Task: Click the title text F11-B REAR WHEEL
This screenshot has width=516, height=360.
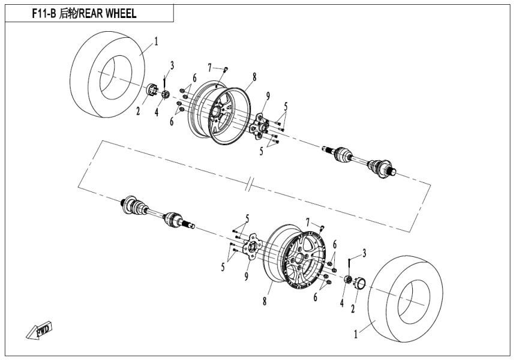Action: [x=83, y=13]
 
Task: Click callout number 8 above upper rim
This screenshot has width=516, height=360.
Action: [x=254, y=77]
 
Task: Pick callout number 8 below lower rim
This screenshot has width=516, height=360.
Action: [x=264, y=302]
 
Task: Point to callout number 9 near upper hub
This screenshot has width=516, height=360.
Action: [x=268, y=95]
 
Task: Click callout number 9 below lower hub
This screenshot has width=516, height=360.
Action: [x=246, y=275]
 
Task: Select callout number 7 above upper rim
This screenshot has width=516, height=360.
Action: [x=209, y=66]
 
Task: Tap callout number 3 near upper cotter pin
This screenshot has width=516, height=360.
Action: [x=172, y=65]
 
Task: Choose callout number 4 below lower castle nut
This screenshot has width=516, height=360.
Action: [x=343, y=304]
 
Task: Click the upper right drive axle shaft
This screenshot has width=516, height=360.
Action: [x=360, y=159]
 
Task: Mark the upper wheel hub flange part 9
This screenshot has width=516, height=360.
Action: [x=263, y=125]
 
